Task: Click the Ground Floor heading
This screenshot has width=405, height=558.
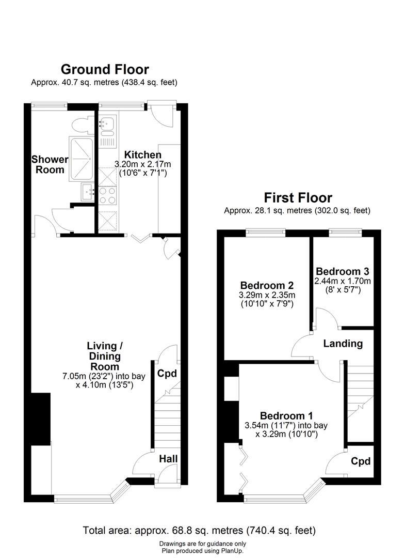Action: (105, 69)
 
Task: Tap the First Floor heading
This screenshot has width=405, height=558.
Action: (298, 197)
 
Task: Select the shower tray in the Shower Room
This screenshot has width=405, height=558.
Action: (82, 158)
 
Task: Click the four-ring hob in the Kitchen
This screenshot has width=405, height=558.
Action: (107, 195)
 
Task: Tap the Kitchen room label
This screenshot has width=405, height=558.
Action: (142, 155)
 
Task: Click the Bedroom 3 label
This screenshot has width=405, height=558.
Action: (342, 272)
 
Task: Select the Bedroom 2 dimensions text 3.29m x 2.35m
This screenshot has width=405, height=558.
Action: (267, 295)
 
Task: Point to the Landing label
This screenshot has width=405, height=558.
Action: (343, 344)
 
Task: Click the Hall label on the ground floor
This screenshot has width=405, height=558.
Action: (168, 459)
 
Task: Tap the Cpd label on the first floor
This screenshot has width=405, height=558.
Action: (361, 461)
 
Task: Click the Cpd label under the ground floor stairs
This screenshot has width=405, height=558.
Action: (167, 374)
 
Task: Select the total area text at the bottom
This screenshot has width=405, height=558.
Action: (199, 531)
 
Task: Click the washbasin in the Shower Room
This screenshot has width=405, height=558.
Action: (88, 192)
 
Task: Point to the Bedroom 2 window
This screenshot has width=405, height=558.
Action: (266, 233)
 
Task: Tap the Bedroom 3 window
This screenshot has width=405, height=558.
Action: (345, 233)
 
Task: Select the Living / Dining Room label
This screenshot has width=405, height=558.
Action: (105, 356)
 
